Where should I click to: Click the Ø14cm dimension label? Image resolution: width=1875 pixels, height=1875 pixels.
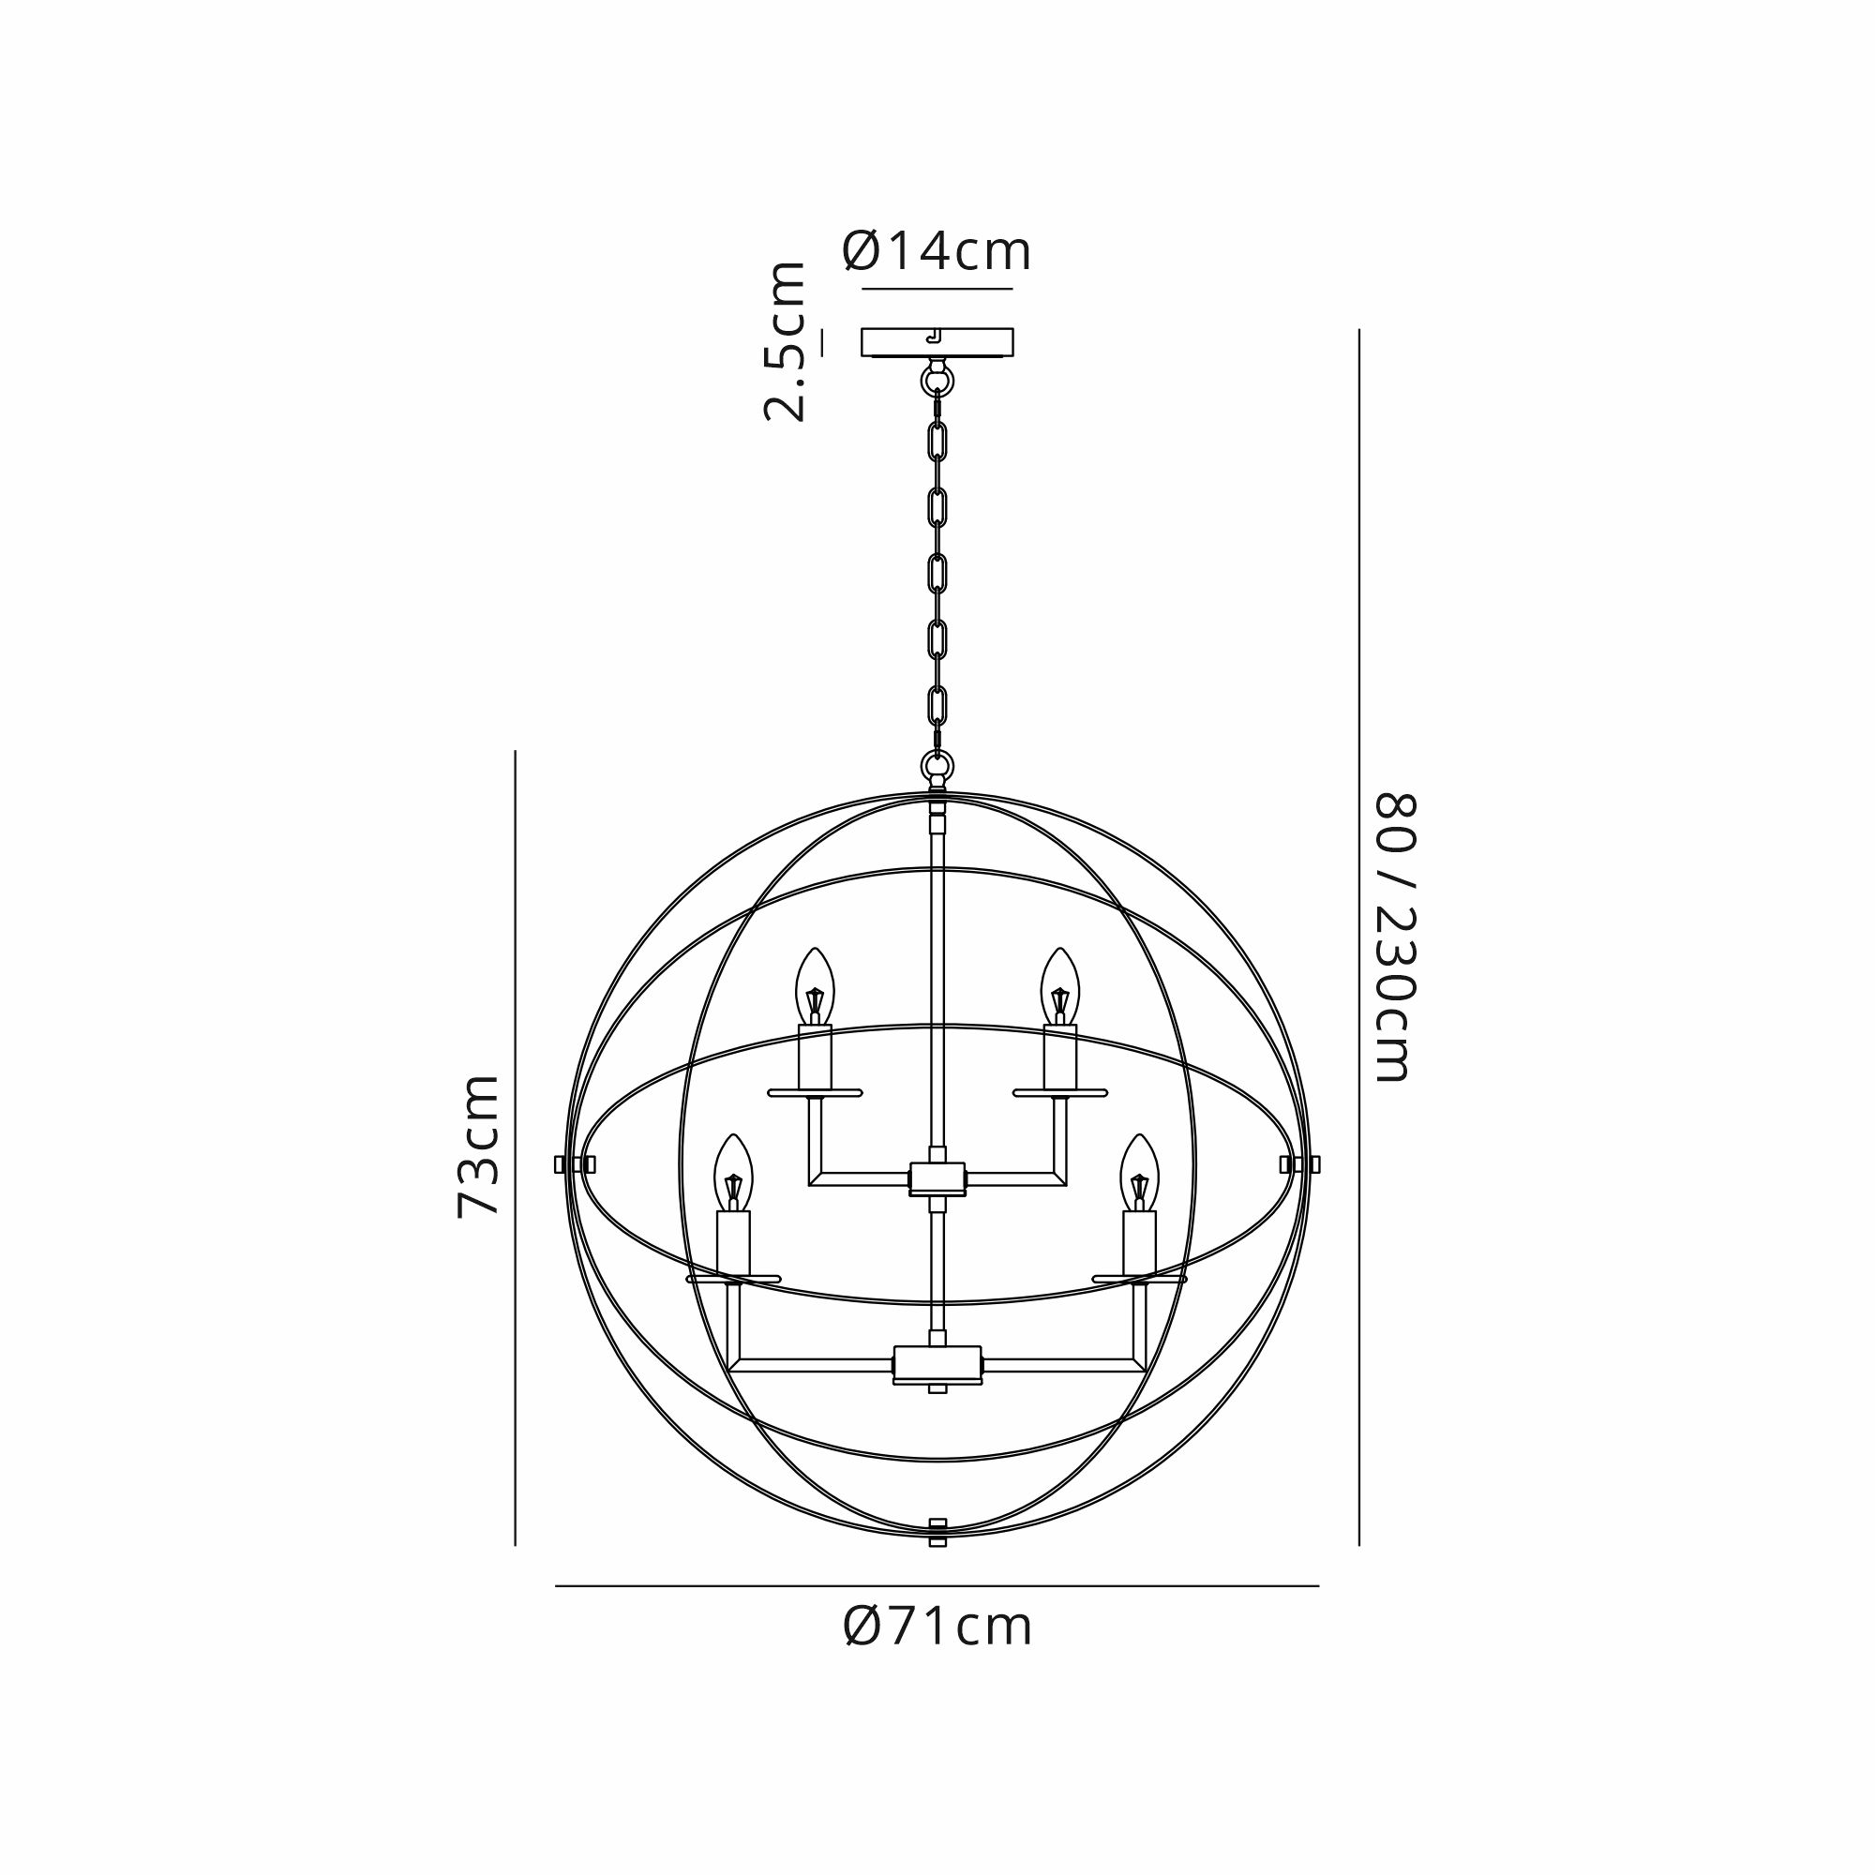pos(937,251)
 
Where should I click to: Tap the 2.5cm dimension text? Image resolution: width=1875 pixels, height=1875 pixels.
pos(784,340)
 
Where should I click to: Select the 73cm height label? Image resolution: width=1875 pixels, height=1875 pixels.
pos(477,1146)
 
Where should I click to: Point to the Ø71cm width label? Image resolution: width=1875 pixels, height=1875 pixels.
pos(937,1627)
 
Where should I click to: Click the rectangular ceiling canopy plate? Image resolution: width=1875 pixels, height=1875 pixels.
pos(937,342)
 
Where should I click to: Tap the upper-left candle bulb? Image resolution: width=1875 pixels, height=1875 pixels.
pos(816,986)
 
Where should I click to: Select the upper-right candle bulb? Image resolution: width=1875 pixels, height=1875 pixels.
pos(1059,986)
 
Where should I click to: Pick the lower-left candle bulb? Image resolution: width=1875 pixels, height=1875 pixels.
pos(734,1173)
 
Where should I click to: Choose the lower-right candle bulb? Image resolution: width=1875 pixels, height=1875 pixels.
pos(1139,1173)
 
